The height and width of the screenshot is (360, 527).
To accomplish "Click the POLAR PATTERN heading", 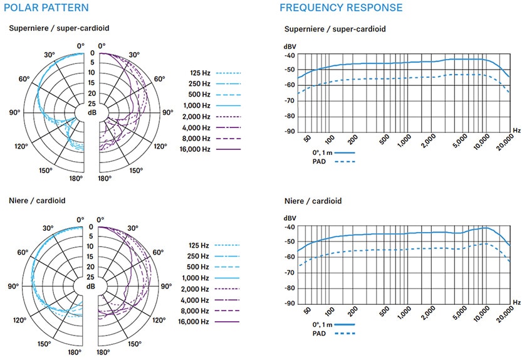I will click(x=48, y=8).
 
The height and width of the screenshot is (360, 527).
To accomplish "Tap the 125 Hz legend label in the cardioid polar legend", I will click(x=200, y=245).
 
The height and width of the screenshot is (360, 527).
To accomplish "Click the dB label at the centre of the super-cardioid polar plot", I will click(x=91, y=113).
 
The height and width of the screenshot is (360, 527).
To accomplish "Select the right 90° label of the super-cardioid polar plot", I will click(x=167, y=113).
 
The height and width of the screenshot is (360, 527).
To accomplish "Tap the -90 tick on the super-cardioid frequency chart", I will click(x=290, y=132).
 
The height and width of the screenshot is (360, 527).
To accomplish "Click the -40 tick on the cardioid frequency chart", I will click(x=290, y=226).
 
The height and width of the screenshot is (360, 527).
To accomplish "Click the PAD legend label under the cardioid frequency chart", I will click(x=320, y=333).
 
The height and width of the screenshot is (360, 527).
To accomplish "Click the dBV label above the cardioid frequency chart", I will click(x=290, y=218).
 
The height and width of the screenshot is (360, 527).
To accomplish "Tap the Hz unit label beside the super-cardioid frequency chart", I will click(x=516, y=130).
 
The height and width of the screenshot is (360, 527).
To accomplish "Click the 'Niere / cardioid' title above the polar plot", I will click(x=37, y=201).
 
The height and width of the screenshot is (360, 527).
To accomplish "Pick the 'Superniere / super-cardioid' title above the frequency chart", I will click(x=335, y=29).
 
